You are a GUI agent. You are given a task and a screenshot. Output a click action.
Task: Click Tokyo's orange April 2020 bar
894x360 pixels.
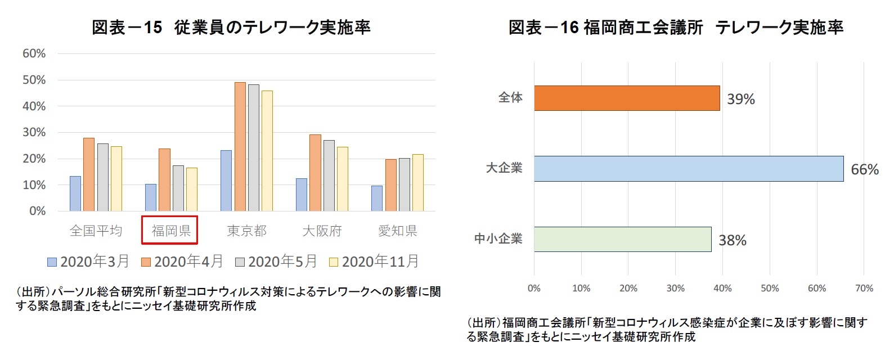(240, 147)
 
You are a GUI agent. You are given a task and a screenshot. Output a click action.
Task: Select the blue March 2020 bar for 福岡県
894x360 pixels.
(151, 197)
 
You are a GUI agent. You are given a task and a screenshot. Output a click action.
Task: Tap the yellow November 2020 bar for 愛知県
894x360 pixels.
(417, 183)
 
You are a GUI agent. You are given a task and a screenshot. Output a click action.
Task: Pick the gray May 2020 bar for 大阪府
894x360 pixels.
(329, 175)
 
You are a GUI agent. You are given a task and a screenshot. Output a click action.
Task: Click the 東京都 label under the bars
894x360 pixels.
(246, 231)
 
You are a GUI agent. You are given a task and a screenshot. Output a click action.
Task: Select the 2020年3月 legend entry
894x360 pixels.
(88, 262)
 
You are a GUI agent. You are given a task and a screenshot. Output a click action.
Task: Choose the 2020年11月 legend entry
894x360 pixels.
(374, 262)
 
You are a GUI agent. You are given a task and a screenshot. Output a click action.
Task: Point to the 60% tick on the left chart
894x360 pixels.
(34, 54)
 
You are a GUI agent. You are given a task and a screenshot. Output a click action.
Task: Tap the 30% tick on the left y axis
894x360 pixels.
(34, 133)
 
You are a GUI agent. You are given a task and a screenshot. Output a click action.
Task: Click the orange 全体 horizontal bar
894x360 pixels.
(626, 98)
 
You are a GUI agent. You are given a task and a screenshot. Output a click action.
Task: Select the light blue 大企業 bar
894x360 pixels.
(688, 169)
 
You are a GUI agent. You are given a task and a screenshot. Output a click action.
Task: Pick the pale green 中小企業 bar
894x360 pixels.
(622, 239)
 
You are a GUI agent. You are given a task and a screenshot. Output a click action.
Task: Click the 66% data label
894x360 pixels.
(864, 170)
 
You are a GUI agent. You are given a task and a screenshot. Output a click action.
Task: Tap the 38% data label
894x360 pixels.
(732, 241)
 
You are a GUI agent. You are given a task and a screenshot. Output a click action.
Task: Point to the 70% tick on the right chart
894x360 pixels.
(864, 289)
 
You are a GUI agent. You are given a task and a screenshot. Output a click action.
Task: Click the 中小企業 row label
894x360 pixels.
(498, 239)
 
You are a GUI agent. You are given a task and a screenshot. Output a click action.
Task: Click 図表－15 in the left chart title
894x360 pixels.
(127, 28)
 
